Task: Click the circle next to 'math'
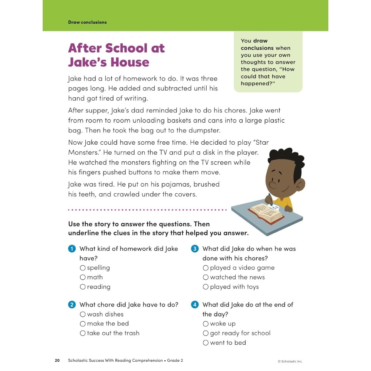click(x=83, y=278)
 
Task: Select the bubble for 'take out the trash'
click(x=83, y=334)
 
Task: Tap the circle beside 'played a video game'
click(x=206, y=268)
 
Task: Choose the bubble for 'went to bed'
click(x=206, y=343)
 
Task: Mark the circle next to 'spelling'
click(x=83, y=268)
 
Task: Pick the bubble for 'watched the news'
click(x=206, y=278)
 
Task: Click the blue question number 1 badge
click(x=72, y=249)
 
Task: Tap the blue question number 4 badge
click(x=195, y=305)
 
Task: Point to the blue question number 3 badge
click(x=195, y=249)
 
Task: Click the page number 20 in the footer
click(x=57, y=361)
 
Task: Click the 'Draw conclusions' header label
click(x=87, y=22)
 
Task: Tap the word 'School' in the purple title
click(x=127, y=48)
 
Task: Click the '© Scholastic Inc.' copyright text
click(x=290, y=361)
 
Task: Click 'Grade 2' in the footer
click(x=175, y=361)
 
